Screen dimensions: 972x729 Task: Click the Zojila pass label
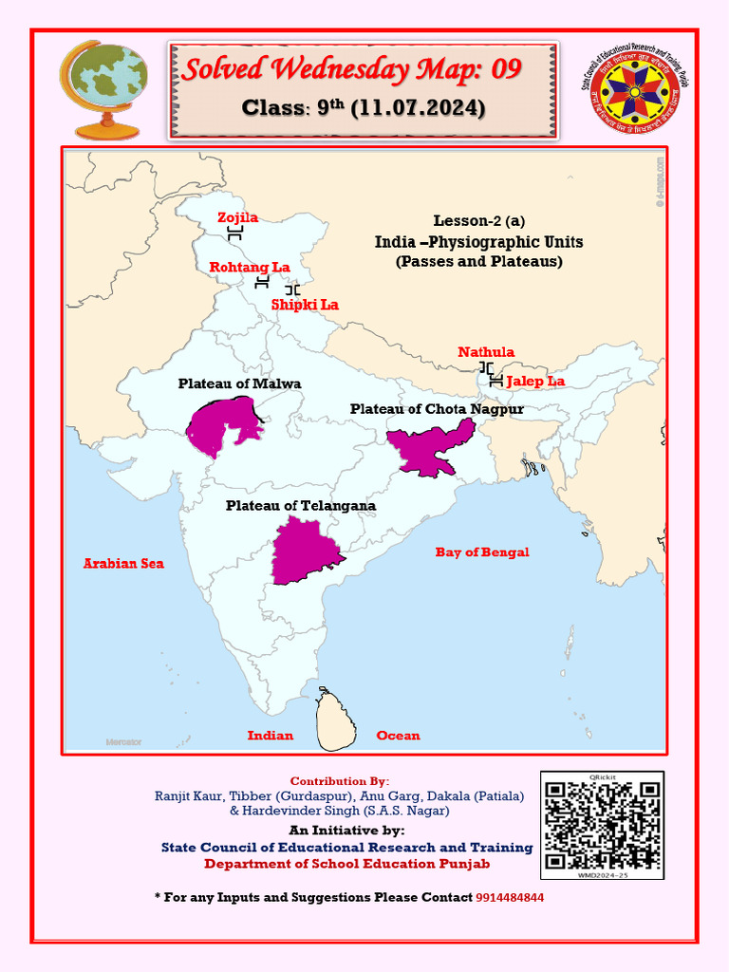(237, 217)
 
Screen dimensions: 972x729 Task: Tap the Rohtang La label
(250, 268)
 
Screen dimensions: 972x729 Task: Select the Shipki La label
(305, 305)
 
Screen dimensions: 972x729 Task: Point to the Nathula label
(486, 352)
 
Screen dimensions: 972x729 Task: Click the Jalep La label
(535, 381)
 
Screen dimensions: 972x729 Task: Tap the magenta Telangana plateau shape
(304, 551)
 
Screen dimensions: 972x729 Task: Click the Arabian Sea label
(123, 563)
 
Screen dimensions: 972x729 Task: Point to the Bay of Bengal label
(482, 551)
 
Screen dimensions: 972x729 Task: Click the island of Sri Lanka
(336, 719)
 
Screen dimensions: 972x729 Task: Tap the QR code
(602, 825)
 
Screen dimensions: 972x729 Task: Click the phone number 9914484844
(510, 897)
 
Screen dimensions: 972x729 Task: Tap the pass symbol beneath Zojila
(236, 234)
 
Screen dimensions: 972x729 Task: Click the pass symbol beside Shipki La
(292, 289)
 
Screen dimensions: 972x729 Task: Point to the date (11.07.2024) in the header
(418, 108)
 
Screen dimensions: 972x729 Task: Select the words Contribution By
(339, 781)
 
